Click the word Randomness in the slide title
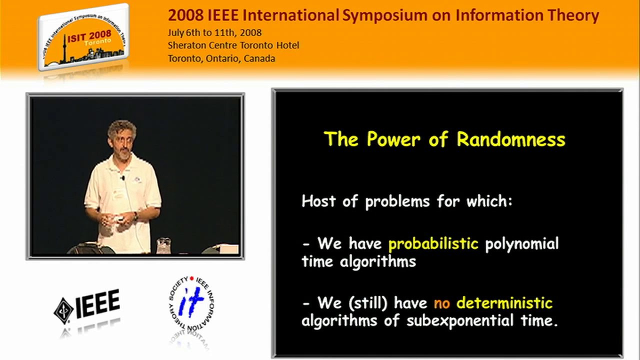tap(511, 139)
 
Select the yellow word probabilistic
tap(433, 244)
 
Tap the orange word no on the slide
tap(441, 303)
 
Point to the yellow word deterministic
tap(504, 303)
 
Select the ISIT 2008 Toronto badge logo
tap(83, 37)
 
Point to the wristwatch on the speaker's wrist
tap(135, 216)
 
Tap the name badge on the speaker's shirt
tap(117, 194)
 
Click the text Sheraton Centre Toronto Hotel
tap(233, 45)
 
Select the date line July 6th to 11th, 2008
tap(214, 33)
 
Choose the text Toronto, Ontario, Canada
tap(221, 58)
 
